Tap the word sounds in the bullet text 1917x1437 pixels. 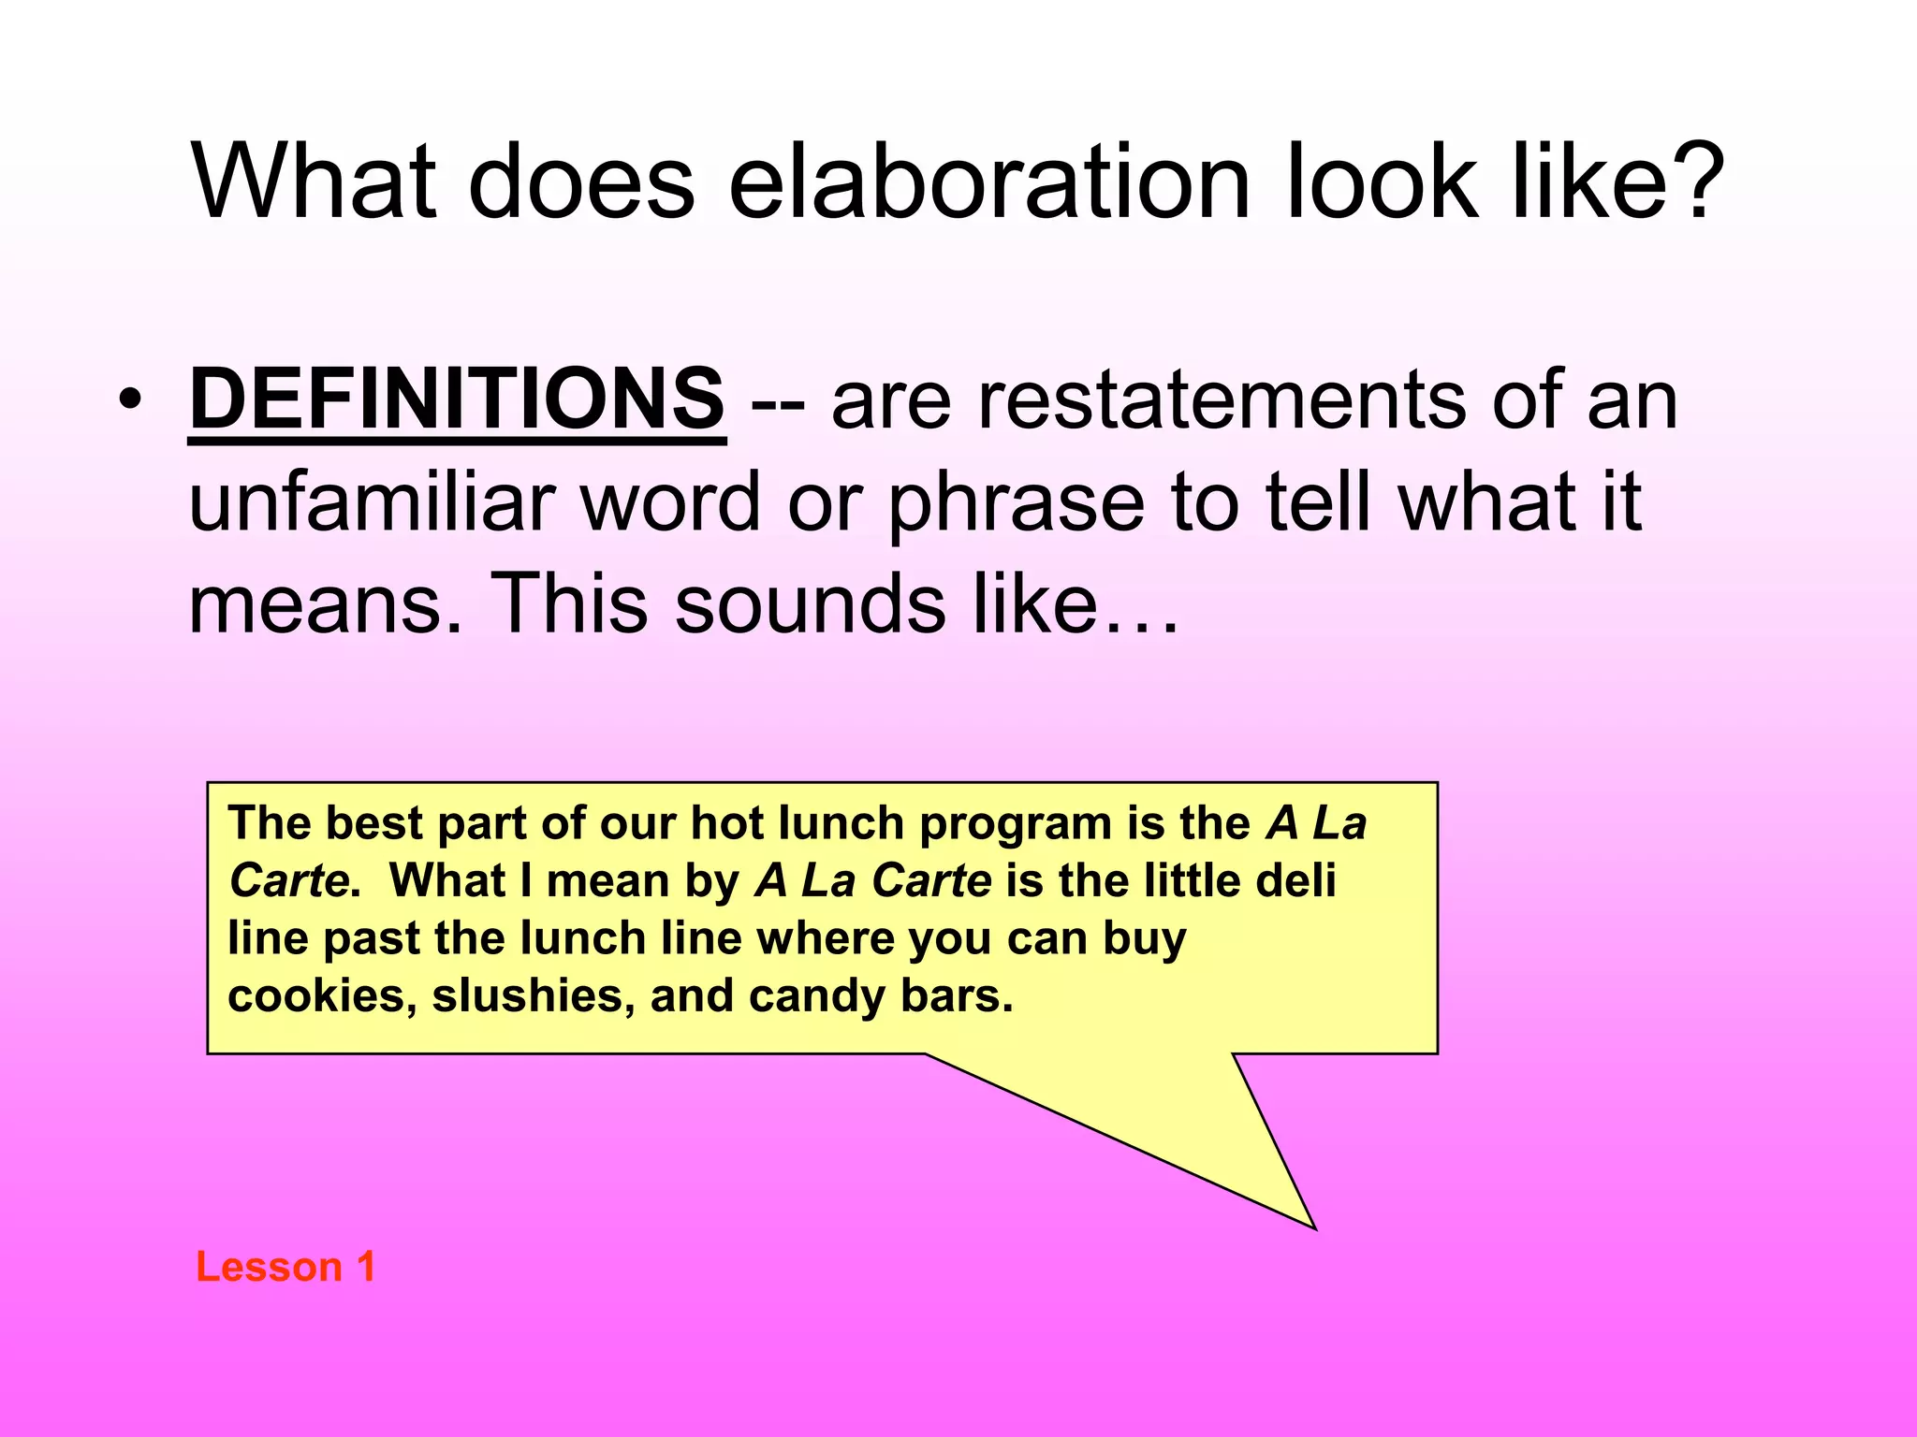coord(810,603)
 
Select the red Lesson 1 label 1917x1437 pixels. coord(285,1267)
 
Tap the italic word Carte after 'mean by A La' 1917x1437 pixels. coord(931,881)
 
